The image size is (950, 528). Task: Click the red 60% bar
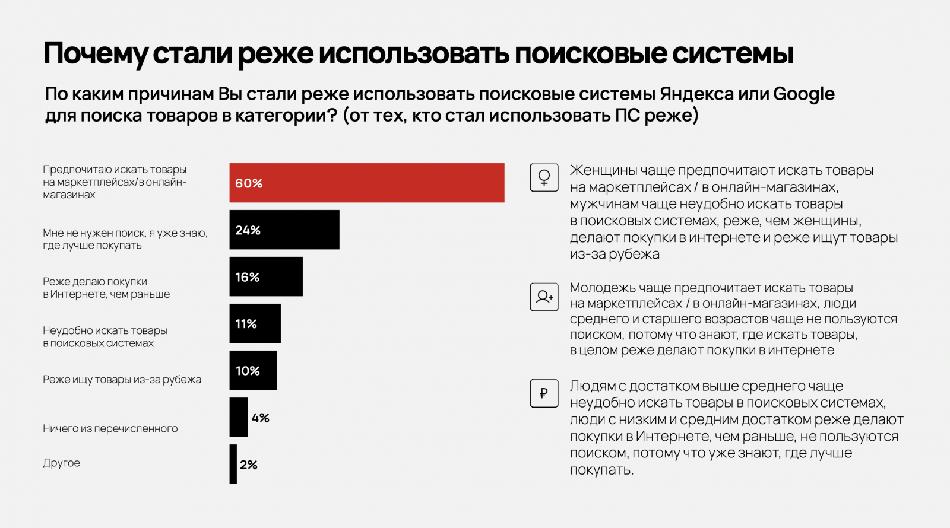coord(367,183)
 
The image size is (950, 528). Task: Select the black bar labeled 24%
coord(284,230)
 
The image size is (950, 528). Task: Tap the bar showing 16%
coord(266,276)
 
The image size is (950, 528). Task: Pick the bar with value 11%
coord(255,323)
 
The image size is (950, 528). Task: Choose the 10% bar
coord(254,370)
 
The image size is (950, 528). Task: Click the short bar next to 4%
coord(239,417)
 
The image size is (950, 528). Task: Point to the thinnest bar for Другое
coord(233,464)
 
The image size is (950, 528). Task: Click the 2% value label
coord(249,465)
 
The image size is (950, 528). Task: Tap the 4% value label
coord(260,418)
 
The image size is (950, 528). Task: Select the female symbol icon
coord(544,177)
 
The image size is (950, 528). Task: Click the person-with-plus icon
coord(544,297)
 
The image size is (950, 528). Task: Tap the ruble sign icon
coord(544,393)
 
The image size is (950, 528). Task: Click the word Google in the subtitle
coord(804,94)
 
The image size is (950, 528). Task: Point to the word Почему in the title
coord(95,53)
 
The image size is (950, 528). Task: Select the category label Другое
coord(61,463)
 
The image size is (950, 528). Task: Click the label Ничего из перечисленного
coord(110,428)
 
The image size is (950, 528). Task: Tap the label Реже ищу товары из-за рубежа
coord(122,380)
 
